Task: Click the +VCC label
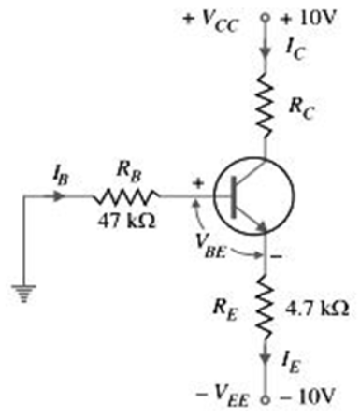[x=211, y=22]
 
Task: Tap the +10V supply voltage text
[x=308, y=19]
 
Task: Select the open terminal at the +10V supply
[x=265, y=18]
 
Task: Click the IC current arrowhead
[x=266, y=51]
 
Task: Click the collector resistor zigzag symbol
[x=266, y=105]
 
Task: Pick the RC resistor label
[x=301, y=109]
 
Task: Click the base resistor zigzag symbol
[x=127, y=196]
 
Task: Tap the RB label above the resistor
[x=128, y=173]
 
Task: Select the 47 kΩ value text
[x=126, y=222]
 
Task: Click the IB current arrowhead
[x=59, y=196]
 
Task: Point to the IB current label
[x=61, y=178]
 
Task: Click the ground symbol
[x=23, y=293]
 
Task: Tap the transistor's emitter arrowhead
[x=261, y=226]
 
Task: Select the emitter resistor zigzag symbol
[x=266, y=307]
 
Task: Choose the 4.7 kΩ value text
[x=317, y=309]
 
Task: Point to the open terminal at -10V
[x=265, y=400]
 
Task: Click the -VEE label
[x=223, y=396]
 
